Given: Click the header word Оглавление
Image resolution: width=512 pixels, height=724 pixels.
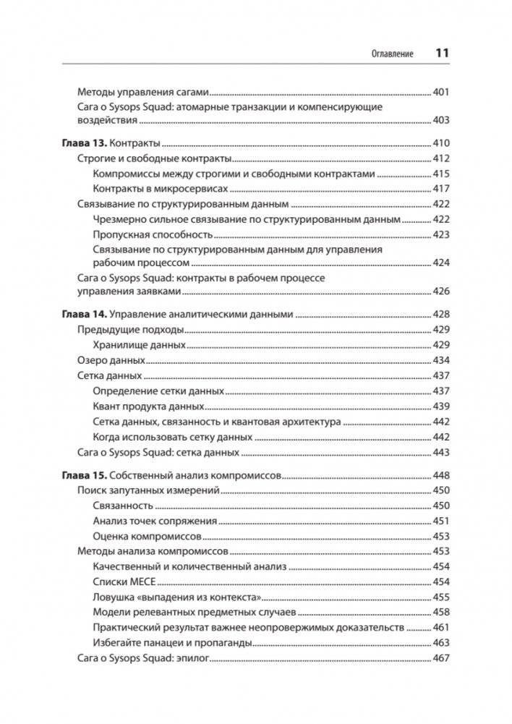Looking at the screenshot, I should click(392, 54).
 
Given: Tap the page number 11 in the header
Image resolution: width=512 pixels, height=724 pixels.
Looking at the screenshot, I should click(442, 54).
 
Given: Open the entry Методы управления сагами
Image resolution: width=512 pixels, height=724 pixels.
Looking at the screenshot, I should click(142, 93).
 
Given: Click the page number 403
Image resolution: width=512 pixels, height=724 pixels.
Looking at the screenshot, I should click(440, 120).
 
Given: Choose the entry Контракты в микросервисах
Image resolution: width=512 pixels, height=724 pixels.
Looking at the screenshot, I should click(160, 188).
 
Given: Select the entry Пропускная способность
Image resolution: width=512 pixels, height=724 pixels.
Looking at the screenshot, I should click(153, 234).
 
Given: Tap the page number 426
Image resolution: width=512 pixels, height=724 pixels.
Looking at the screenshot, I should click(440, 291).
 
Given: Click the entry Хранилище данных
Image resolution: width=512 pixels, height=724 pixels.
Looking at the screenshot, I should click(140, 345).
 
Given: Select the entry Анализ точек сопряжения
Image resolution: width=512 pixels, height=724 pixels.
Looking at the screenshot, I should click(155, 521).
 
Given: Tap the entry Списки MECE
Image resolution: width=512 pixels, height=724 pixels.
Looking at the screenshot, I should click(124, 582).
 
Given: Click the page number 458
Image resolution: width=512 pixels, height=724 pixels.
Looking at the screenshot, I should click(440, 612).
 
